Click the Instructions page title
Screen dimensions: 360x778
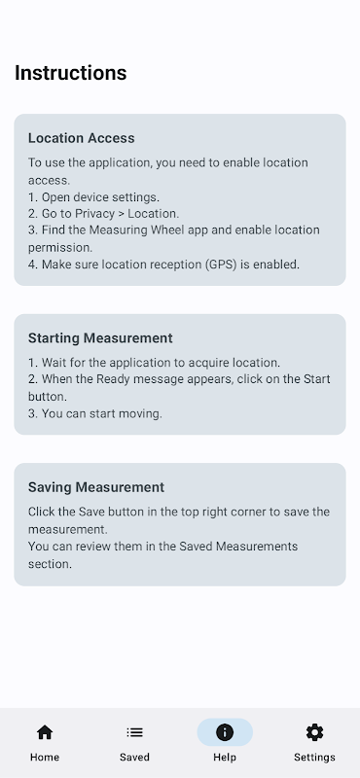point(70,73)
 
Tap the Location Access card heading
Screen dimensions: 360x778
point(82,138)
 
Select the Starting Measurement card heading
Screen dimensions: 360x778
point(100,337)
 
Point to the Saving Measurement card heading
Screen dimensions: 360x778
point(96,487)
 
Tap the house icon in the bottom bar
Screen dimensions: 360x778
point(45,732)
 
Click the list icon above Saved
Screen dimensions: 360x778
point(134,732)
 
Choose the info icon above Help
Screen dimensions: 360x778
point(225,732)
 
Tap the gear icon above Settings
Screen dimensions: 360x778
point(314,732)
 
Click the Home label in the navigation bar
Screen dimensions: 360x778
point(45,758)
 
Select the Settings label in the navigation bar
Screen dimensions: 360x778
point(314,758)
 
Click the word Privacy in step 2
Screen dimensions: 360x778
point(94,214)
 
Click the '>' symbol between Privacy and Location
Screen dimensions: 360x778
point(122,214)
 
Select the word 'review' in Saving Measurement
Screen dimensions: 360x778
point(89,547)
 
